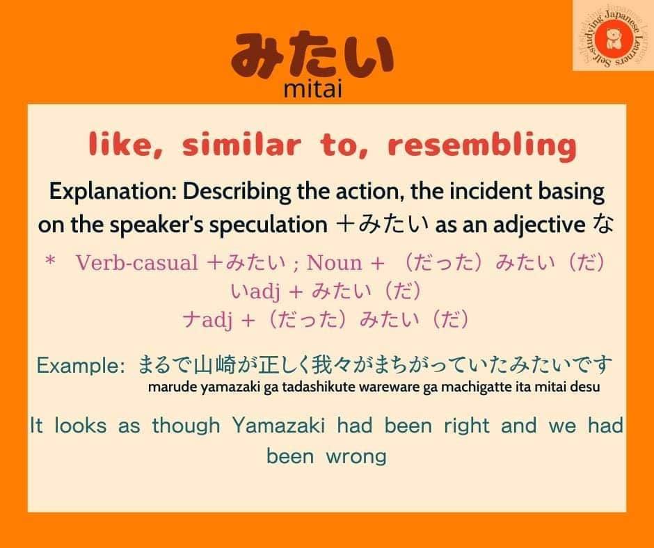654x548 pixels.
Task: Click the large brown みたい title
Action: click(x=312, y=57)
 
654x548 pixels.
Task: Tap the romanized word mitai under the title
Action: click(x=313, y=89)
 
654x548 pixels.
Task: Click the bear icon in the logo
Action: click(x=612, y=39)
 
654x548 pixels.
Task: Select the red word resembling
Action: click(x=482, y=145)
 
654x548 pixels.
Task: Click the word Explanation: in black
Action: click(x=113, y=192)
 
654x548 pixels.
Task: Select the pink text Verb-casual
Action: click(x=137, y=263)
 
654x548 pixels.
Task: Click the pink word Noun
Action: click(x=334, y=263)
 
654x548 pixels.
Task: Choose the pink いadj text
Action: click(x=255, y=291)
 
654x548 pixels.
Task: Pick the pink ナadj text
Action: click(x=207, y=321)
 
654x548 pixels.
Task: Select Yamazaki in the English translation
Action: click(x=278, y=426)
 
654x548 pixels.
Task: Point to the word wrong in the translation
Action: click(x=356, y=456)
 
